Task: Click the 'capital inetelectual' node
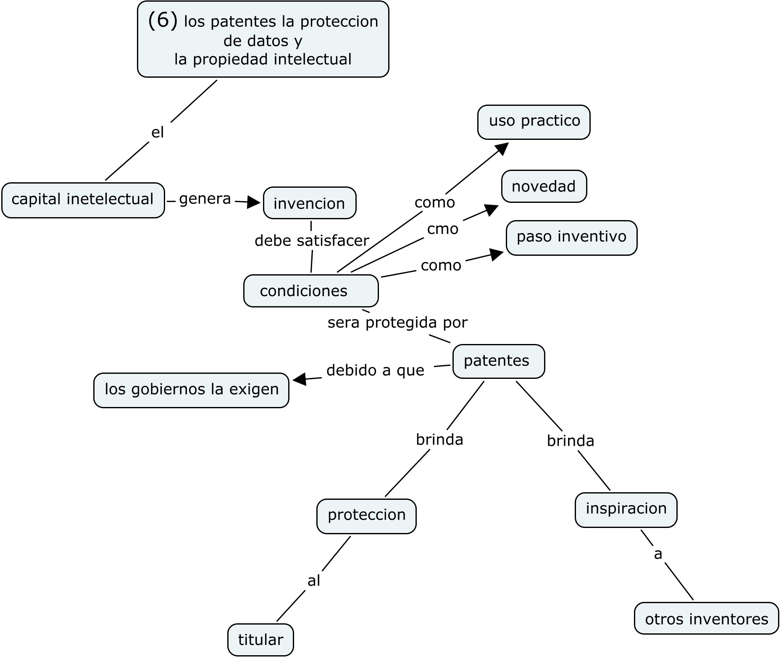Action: coord(83,200)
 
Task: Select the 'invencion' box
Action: coord(310,203)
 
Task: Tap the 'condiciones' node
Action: coord(311,291)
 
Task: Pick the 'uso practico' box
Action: coord(534,122)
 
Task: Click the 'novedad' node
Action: coord(544,186)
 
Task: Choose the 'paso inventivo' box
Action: coord(571,238)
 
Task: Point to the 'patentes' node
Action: coord(499,361)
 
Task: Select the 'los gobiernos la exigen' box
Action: coord(191,390)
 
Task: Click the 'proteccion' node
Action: coord(366,516)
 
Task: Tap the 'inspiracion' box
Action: coord(626,510)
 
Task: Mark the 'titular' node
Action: coord(260,640)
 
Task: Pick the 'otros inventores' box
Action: coord(706,618)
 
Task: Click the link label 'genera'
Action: coord(205,199)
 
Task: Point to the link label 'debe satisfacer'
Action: coord(312,240)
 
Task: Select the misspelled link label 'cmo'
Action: coord(443,229)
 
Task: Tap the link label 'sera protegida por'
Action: coord(397,323)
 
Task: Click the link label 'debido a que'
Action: coord(375,370)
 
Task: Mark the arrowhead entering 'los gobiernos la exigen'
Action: coord(299,379)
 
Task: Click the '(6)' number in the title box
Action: coord(163,21)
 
